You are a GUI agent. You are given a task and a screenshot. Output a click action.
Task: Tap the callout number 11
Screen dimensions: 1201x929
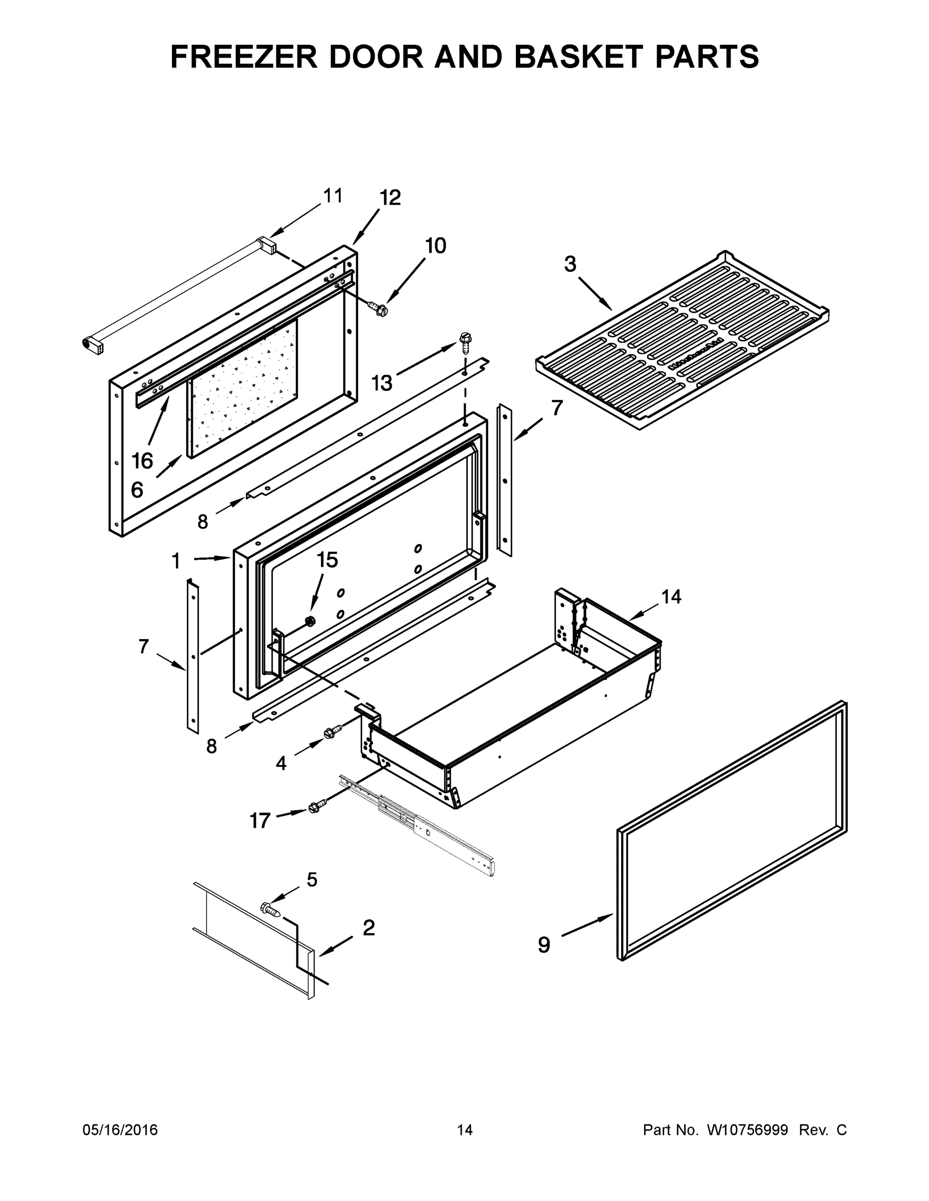point(333,196)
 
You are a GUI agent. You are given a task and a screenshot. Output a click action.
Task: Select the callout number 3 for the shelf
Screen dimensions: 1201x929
point(570,265)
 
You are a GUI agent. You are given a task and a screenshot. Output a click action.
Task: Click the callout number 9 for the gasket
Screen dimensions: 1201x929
point(544,945)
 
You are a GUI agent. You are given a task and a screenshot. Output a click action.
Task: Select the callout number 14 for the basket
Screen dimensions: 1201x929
point(671,596)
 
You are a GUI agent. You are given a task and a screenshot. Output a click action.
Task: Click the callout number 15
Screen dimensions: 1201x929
point(327,560)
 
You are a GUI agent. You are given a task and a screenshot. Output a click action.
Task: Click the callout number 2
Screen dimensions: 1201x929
point(369,928)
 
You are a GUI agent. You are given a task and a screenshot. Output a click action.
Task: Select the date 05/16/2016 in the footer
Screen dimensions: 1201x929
point(120,1130)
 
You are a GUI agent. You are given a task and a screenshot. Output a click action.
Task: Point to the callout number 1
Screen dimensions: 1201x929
point(176,561)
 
